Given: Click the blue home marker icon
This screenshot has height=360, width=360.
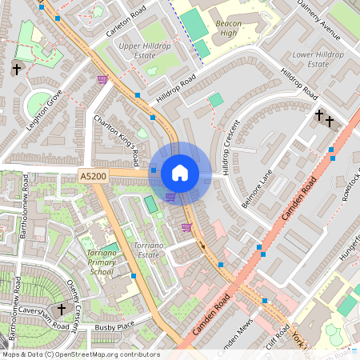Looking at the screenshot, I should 180,173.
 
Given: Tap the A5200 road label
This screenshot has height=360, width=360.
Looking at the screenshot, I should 93,174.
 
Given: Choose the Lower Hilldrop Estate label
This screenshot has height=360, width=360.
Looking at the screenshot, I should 318,59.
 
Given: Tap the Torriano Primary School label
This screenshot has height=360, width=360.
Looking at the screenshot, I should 101,262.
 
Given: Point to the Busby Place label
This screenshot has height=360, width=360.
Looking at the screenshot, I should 114,327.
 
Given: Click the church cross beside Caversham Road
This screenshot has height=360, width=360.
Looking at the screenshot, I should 62,309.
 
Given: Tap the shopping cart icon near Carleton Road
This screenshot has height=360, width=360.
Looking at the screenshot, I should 102,79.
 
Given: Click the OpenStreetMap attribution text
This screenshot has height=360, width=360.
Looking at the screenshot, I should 81,354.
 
